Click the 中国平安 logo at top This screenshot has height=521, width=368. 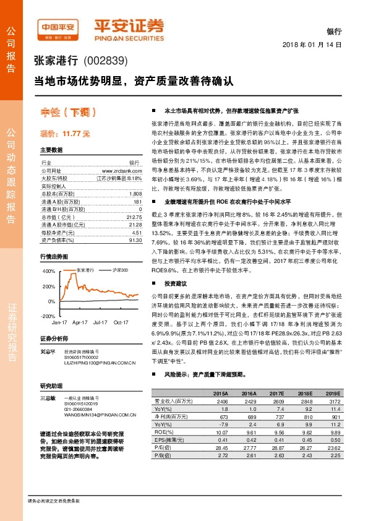click(57, 27)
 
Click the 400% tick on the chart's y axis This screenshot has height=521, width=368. click(48, 271)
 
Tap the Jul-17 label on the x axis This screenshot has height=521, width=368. click(101, 323)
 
